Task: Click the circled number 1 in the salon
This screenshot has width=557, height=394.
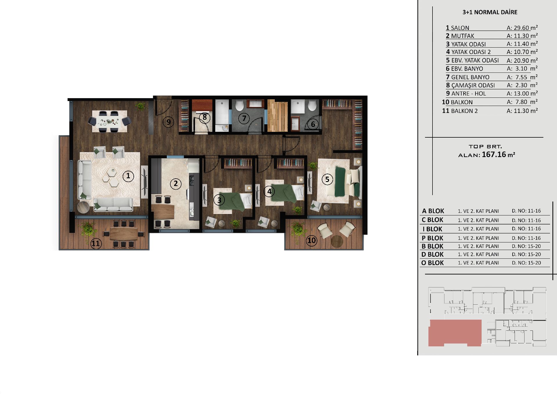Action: coord(128,176)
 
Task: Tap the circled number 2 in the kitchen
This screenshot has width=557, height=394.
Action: coord(176,183)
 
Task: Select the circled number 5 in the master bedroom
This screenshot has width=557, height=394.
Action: coord(327,179)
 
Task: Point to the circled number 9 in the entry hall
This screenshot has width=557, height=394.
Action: coord(168,122)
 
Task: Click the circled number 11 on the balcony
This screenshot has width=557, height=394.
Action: coord(96,244)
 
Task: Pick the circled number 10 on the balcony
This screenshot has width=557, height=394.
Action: coord(312,240)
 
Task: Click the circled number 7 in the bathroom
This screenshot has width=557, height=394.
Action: coord(244,118)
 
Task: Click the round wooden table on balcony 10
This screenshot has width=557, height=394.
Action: coord(337,241)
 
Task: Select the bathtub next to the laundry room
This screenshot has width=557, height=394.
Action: coord(222,116)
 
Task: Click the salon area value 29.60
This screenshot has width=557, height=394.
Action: coord(521,28)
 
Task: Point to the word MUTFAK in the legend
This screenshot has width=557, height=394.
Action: coord(463,36)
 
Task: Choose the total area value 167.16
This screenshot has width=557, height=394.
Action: coord(494,154)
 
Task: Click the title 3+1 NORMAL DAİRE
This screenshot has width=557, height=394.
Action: coord(490,12)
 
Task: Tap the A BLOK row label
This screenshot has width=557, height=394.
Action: coord(433,211)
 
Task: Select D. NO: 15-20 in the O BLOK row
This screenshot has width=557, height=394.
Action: coord(526,263)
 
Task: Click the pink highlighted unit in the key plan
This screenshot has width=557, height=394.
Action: coord(455,333)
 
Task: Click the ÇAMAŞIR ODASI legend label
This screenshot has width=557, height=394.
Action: coord(471,85)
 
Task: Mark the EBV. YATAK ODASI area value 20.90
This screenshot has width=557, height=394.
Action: coord(521,61)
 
